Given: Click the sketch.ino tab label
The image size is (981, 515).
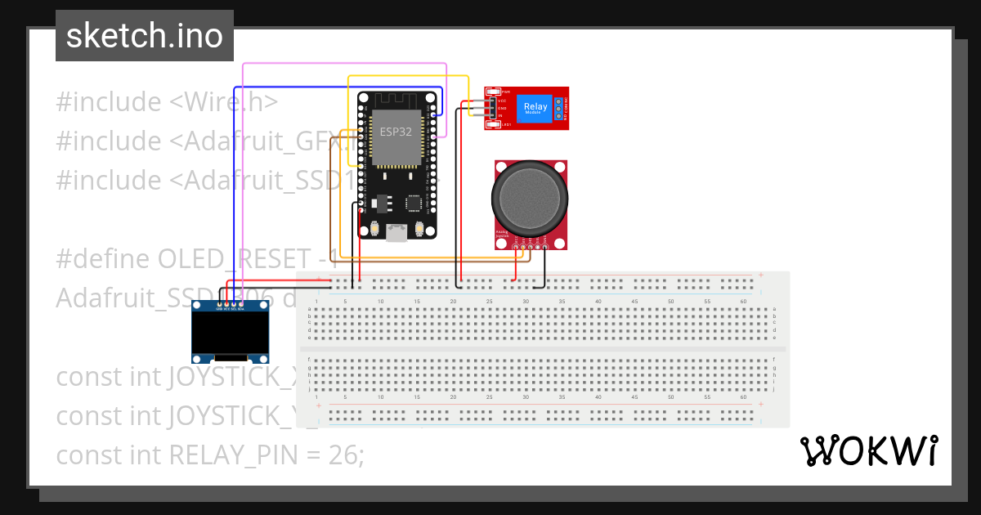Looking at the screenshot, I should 144,36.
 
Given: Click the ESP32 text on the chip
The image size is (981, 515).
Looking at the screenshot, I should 396,130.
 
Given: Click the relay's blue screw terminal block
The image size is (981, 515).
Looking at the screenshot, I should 560,108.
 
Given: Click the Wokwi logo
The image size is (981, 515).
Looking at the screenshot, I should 868,451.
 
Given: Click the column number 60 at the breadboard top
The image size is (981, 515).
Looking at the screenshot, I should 743,302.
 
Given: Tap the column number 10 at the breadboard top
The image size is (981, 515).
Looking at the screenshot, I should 380,302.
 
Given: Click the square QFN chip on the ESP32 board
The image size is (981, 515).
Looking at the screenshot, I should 415,202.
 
